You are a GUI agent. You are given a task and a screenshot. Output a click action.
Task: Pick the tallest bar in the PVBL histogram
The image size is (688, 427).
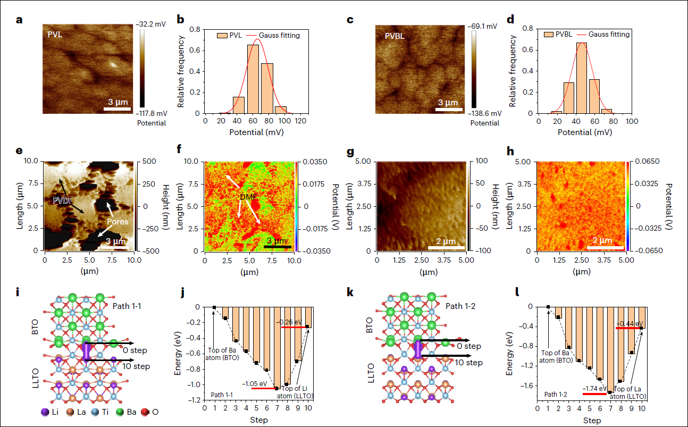581,78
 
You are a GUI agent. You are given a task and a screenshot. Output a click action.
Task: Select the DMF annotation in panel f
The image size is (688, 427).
248,197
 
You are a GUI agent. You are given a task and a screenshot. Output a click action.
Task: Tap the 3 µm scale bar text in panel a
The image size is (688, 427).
117,102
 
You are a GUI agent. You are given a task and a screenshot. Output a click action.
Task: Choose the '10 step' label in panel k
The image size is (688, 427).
466,363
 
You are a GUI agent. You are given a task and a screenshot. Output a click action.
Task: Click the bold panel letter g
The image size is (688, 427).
350,151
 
